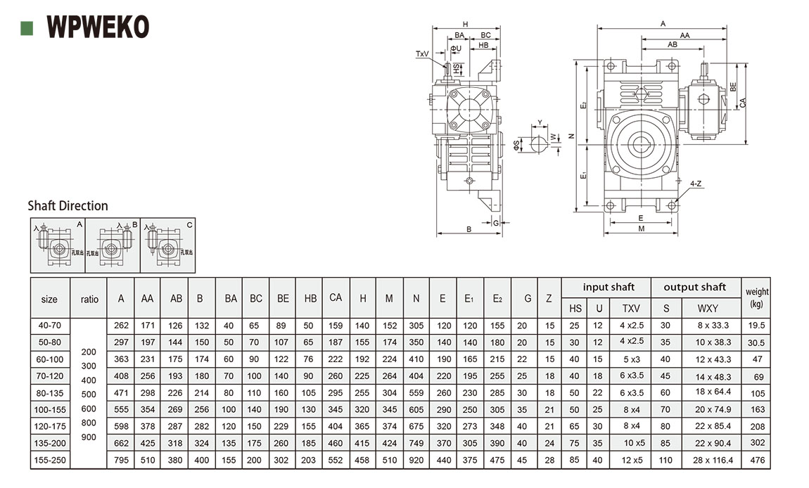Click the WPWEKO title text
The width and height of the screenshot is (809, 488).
pos(98,27)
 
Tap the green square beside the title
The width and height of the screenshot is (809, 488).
pos(27,27)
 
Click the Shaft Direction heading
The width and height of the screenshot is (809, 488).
pos(68,205)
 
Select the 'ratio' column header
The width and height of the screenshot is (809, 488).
pos(89,299)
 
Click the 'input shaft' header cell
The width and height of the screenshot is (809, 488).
pos(608,287)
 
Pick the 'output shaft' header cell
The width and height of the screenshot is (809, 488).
pos(694,287)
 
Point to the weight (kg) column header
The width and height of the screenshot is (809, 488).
pos(757,297)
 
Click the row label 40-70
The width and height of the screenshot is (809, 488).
pos(49,326)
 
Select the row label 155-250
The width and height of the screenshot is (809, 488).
pos(49,460)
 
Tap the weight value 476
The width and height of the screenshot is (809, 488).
pos(757,460)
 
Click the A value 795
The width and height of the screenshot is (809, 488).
pos(121,460)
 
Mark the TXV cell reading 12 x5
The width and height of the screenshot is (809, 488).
pos(632,460)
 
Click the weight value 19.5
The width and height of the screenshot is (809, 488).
pos(757,326)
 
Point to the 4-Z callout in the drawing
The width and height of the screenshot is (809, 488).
pos(695,184)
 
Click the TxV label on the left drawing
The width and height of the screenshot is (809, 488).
pos(422,53)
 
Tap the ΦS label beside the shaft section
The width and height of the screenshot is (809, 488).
pos(516,146)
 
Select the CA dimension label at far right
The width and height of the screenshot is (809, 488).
pos(743,103)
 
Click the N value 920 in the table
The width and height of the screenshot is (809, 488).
pos(416,460)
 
